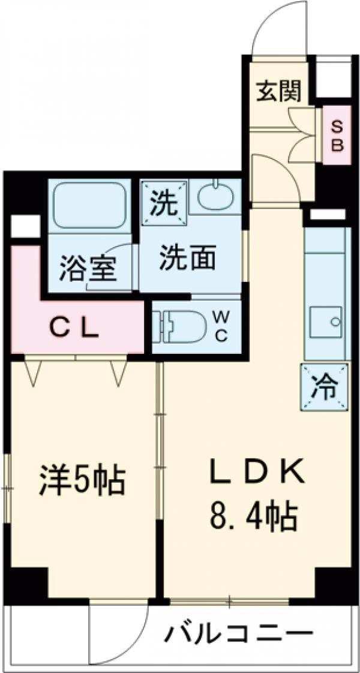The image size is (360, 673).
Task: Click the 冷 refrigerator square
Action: pyautogui.click(x=325, y=387)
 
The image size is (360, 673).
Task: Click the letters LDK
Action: pyautogui.click(x=257, y=474)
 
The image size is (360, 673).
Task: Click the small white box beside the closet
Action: pyautogui.click(x=25, y=226)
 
